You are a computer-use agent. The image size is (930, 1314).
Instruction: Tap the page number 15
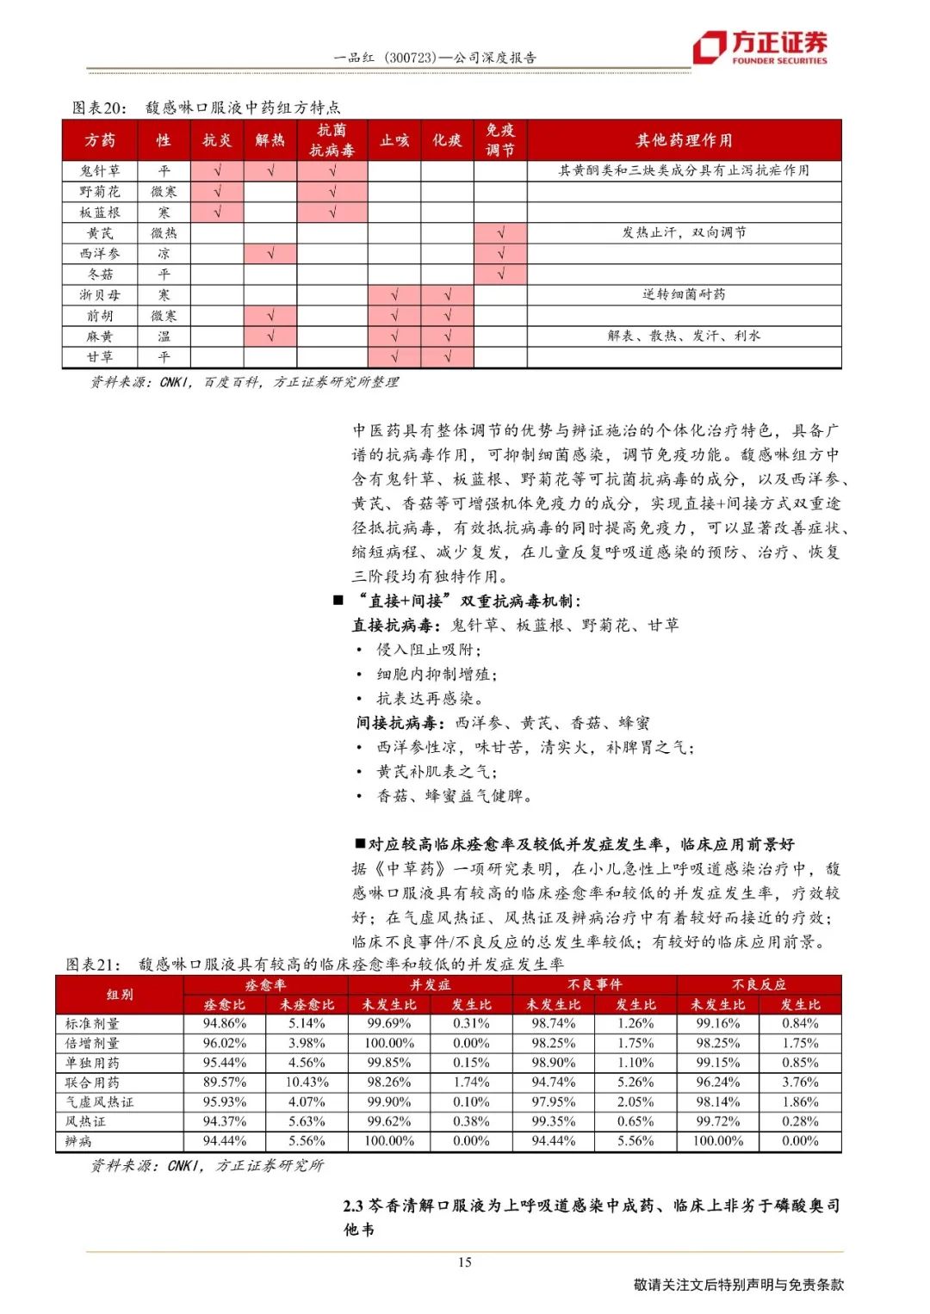coord(464,1262)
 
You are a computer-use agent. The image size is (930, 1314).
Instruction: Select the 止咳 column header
coord(394,140)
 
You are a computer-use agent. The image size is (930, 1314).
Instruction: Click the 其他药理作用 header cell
coord(684,140)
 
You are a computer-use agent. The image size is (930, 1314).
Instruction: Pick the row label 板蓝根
coord(100,213)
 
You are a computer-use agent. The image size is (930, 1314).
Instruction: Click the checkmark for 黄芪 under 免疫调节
coord(500,233)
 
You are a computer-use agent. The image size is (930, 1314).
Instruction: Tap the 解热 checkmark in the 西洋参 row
coord(270,254)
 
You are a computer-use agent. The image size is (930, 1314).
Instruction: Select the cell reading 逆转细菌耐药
coord(684,294)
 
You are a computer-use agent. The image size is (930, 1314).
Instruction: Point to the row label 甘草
coord(100,357)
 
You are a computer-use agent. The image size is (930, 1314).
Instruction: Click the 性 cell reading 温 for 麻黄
coord(164,336)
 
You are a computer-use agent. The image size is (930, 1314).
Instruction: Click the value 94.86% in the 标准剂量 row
coord(224,1023)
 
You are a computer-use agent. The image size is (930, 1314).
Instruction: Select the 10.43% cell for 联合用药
coord(307,1082)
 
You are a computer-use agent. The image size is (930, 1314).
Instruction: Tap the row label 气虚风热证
coord(100,1101)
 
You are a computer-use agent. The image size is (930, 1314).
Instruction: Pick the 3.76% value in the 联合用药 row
coord(800,1082)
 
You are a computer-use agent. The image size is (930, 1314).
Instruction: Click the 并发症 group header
coord(430,984)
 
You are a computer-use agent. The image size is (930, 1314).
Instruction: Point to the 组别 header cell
coord(120,994)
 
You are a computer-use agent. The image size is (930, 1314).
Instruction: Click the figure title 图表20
coord(99,108)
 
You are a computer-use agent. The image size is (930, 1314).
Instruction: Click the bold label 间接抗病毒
coord(400,723)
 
